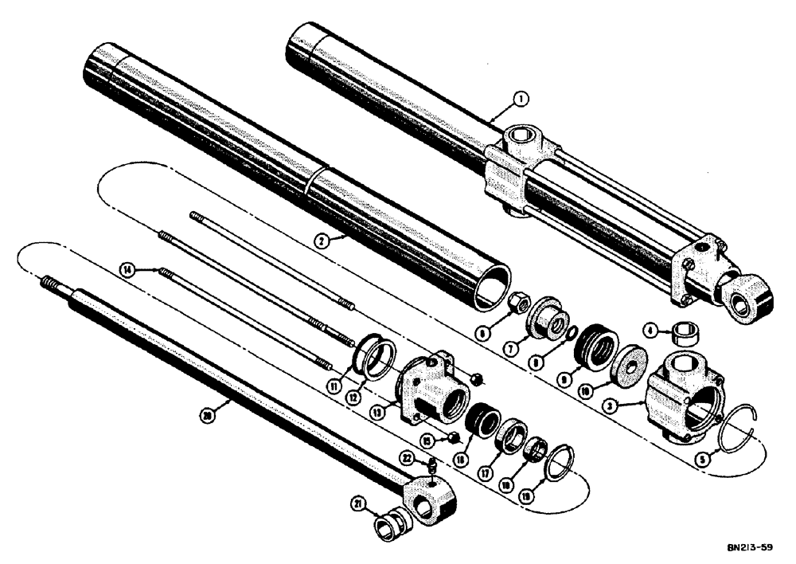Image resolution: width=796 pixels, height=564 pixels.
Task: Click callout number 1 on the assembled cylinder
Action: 519,100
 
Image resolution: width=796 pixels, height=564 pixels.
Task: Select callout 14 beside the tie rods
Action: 126,270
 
